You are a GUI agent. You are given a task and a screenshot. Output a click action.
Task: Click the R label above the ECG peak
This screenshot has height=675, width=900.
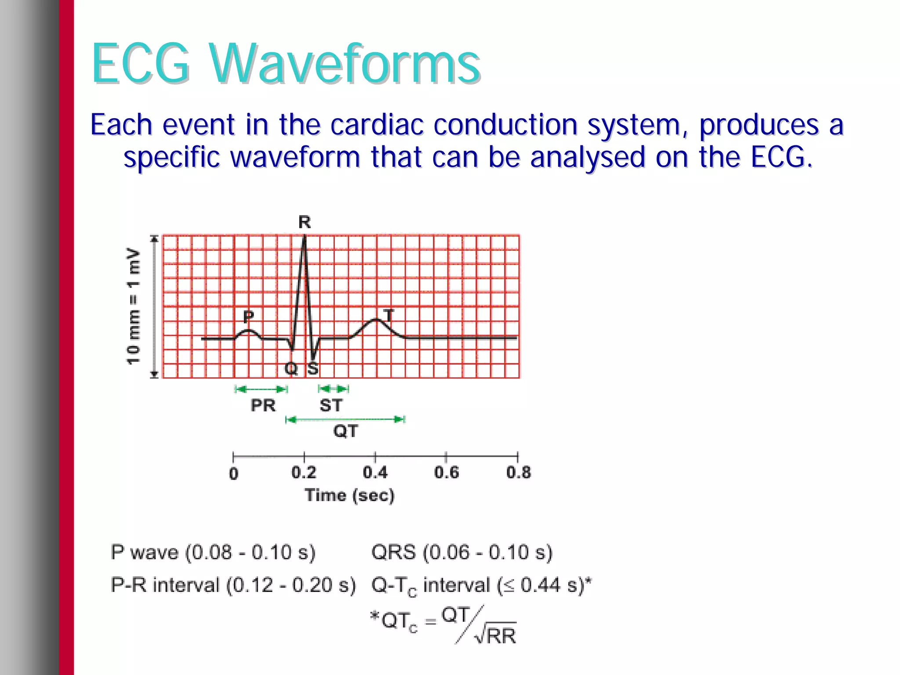(x=305, y=222)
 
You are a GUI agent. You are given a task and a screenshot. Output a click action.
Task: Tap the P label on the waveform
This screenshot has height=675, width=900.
(x=248, y=316)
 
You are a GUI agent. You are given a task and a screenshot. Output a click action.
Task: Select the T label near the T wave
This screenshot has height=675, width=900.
(x=388, y=314)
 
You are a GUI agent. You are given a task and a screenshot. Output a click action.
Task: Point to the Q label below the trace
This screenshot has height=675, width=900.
(x=291, y=368)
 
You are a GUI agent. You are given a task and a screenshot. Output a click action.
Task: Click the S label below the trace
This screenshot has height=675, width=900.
(x=312, y=368)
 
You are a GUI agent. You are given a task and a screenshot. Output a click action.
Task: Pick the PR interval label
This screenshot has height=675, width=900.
(x=263, y=405)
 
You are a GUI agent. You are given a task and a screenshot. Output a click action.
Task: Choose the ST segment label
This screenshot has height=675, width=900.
(x=330, y=405)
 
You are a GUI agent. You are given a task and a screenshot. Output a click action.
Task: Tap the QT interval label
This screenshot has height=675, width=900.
(x=345, y=431)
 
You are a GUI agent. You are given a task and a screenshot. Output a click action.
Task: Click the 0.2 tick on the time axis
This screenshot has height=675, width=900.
(x=304, y=473)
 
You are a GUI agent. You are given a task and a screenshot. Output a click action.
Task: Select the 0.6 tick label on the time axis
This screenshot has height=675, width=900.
(x=446, y=473)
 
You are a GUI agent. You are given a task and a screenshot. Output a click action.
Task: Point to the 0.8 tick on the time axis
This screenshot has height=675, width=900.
(x=518, y=473)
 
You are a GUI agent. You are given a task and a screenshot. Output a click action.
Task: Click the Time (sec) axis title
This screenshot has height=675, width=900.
(x=349, y=495)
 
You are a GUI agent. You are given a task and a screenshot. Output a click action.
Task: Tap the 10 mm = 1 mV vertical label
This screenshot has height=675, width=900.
(x=133, y=306)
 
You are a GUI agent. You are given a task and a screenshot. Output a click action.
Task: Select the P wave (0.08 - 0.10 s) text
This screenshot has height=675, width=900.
(x=213, y=552)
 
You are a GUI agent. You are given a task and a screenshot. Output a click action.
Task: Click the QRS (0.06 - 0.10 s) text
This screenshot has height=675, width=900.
(x=461, y=552)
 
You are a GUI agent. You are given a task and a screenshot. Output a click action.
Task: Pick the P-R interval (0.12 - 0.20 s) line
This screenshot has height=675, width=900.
(x=233, y=585)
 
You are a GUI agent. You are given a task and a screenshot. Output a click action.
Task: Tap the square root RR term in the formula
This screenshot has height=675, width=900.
(x=496, y=635)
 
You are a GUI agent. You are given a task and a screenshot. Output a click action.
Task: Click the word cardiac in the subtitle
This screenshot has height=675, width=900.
(x=377, y=125)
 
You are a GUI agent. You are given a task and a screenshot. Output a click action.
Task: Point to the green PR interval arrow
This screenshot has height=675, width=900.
(x=261, y=389)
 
